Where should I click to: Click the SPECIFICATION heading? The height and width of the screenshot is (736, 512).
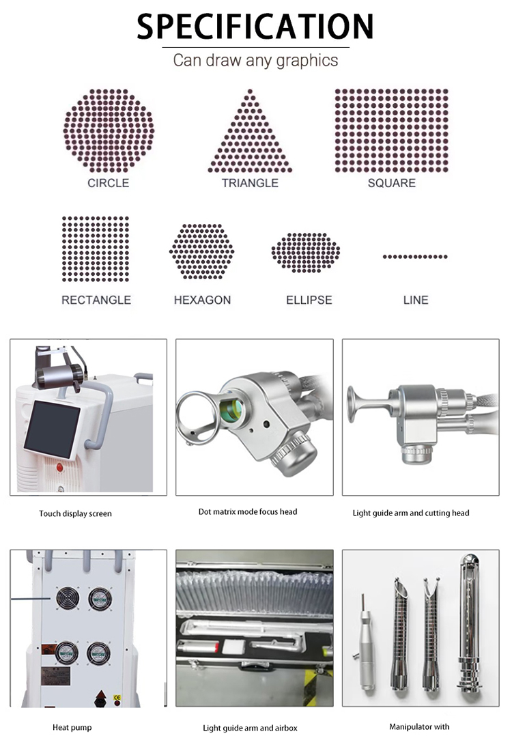(x=255, y=26)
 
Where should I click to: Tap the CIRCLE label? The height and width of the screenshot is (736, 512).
(x=108, y=183)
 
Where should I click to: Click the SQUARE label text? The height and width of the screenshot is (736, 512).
(x=391, y=183)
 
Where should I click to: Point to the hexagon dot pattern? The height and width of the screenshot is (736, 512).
(x=201, y=251)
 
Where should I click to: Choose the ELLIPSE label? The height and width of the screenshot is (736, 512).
(x=309, y=300)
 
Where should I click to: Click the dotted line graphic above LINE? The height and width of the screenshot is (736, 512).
(x=415, y=257)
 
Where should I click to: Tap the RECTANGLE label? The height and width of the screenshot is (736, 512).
(x=96, y=300)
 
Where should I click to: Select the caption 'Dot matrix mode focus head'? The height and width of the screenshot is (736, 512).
(x=247, y=511)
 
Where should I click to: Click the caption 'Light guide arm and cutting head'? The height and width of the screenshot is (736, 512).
(x=411, y=513)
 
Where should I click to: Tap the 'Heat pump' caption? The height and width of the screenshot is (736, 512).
(x=72, y=727)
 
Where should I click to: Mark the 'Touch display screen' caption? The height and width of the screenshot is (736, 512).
(x=75, y=513)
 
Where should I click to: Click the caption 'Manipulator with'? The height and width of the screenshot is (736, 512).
(x=419, y=726)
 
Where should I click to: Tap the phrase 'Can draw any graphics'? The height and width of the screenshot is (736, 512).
(x=255, y=60)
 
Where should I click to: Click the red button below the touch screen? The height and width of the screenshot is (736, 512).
(x=59, y=468)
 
